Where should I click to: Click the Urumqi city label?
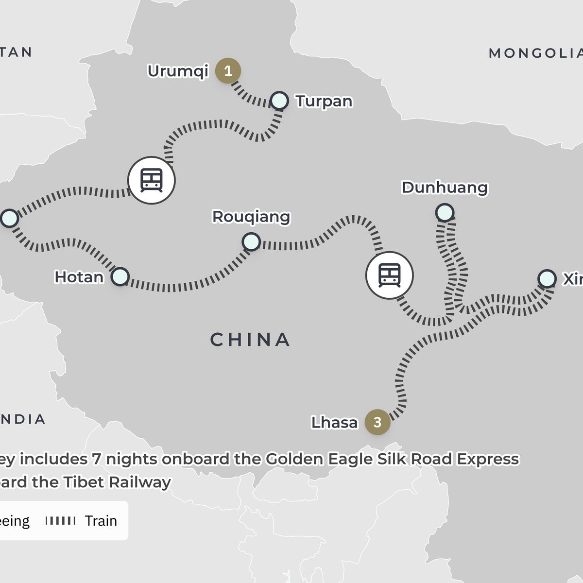[x=178, y=71]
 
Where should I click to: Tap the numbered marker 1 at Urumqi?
[x=228, y=71]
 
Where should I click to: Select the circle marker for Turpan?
[x=279, y=101]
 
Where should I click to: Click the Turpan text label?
[x=324, y=101]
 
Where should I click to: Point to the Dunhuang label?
[x=445, y=188]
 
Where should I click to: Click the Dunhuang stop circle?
[x=445, y=212]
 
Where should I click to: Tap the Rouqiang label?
[x=251, y=217]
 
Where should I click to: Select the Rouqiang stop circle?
[x=251, y=241]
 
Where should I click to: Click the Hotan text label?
[x=79, y=277]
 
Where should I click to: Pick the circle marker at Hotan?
[x=120, y=276]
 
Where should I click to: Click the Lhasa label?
[x=334, y=423]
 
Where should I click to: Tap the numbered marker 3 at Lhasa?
[x=377, y=422]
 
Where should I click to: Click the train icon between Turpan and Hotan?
[x=151, y=180]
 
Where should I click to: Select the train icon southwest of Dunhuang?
[x=389, y=275]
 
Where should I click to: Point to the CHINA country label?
[x=250, y=340]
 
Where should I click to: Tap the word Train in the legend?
[x=101, y=521]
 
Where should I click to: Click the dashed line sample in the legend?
[x=61, y=521]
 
